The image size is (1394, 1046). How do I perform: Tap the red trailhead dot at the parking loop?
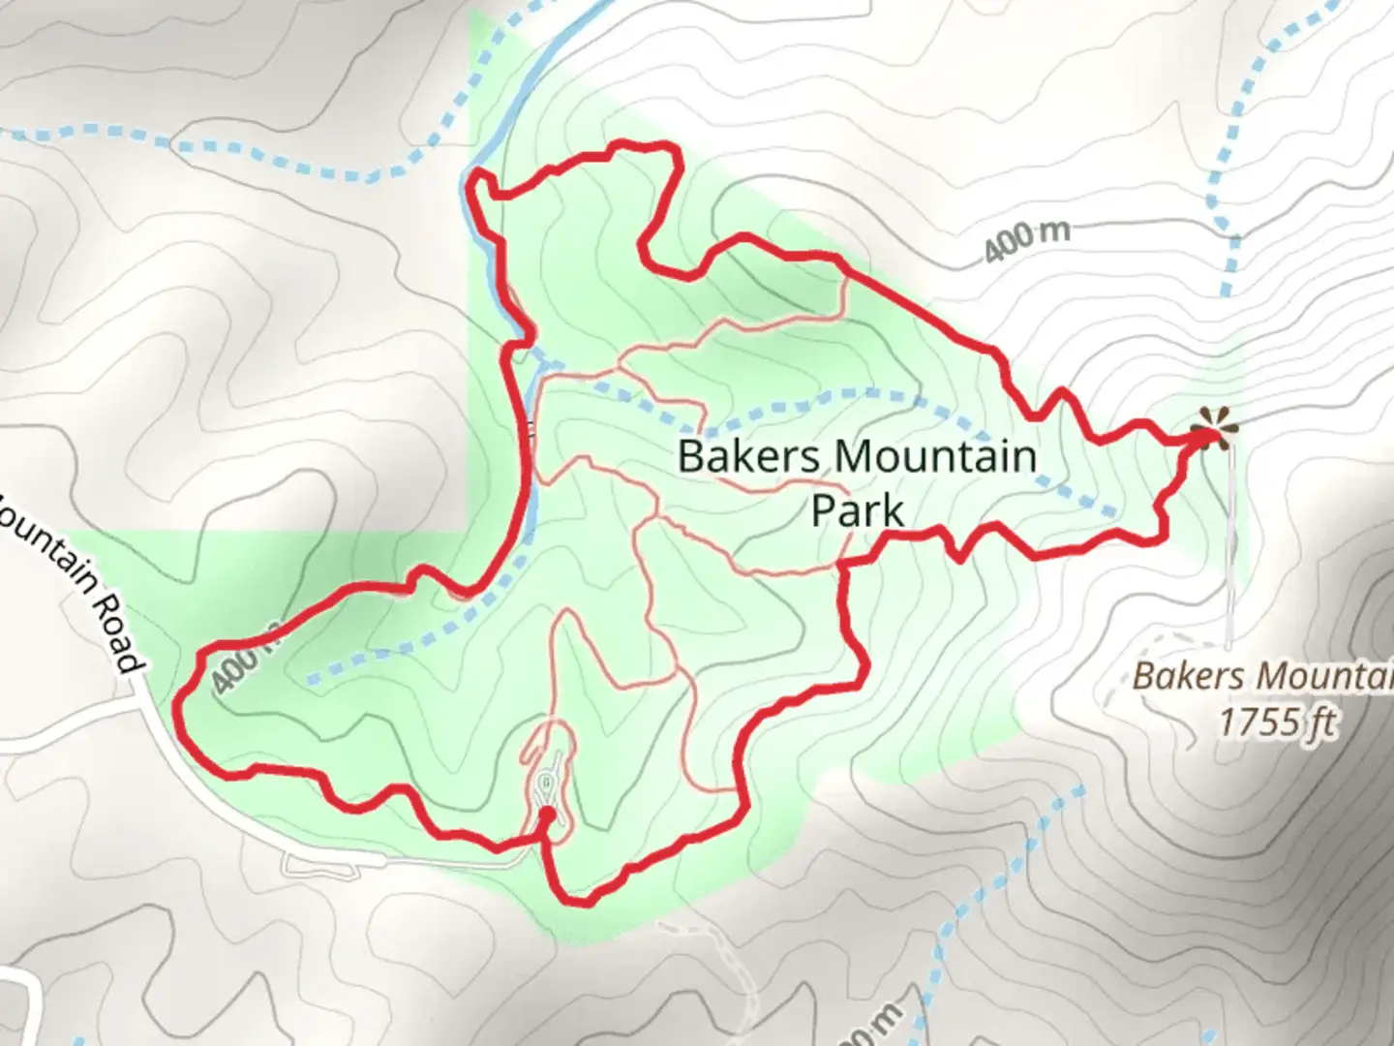pos(546,815)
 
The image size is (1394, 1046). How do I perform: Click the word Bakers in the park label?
pos(735,455)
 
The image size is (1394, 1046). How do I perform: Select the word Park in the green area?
pos(858,509)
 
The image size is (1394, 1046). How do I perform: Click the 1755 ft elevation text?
pos(1278,722)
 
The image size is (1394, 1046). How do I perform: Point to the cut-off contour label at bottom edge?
pos(876,1022)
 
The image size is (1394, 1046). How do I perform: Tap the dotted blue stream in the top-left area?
pos(242,155)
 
